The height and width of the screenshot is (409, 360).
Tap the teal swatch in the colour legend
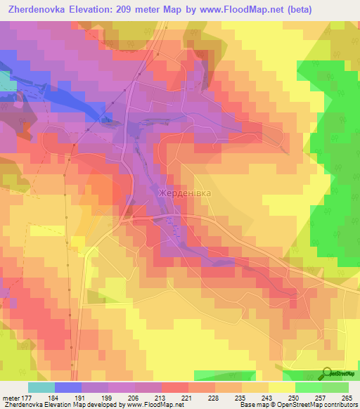pyautogui.click(x=41, y=387)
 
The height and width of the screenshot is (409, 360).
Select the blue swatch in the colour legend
pyautogui.click(x=67, y=387)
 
